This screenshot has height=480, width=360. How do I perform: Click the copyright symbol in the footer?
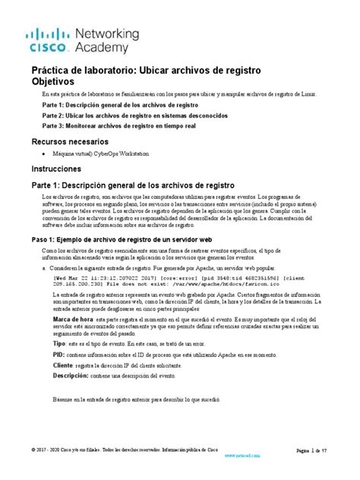tap(33, 449)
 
